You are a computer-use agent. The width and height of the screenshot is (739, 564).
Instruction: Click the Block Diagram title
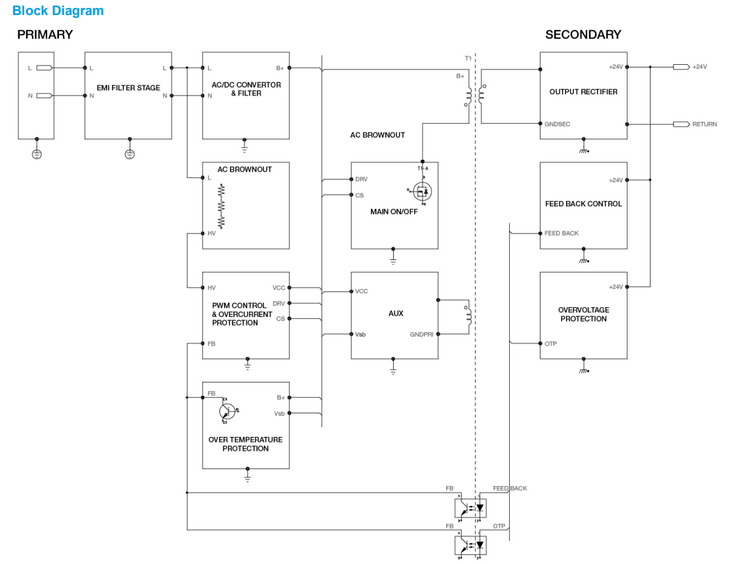click(58, 11)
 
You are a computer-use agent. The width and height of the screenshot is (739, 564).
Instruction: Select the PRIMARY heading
click(45, 35)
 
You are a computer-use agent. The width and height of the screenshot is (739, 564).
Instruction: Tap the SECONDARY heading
click(582, 35)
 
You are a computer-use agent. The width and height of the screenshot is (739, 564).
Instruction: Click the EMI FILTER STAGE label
click(128, 88)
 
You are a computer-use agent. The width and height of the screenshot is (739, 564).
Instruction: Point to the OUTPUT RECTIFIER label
click(583, 92)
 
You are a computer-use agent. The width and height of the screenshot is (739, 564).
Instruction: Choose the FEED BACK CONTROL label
click(583, 204)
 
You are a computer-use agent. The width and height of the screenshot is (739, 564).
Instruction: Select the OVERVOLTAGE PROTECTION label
click(583, 314)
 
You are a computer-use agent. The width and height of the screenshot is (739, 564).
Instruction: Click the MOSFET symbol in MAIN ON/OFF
click(423, 191)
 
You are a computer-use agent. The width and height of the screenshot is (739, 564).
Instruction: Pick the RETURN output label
click(704, 124)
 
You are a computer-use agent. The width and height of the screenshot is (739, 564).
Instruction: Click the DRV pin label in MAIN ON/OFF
click(361, 179)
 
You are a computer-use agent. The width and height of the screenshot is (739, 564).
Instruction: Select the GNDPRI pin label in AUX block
click(421, 334)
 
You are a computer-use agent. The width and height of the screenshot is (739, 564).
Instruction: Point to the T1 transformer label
click(468, 59)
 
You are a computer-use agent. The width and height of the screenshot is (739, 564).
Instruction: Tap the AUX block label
click(396, 314)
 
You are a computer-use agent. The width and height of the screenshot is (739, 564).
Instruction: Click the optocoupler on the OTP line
click(471, 544)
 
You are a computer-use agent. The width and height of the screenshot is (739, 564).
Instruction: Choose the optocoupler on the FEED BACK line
click(471, 507)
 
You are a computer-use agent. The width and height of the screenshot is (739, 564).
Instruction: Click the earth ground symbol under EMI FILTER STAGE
click(129, 155)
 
